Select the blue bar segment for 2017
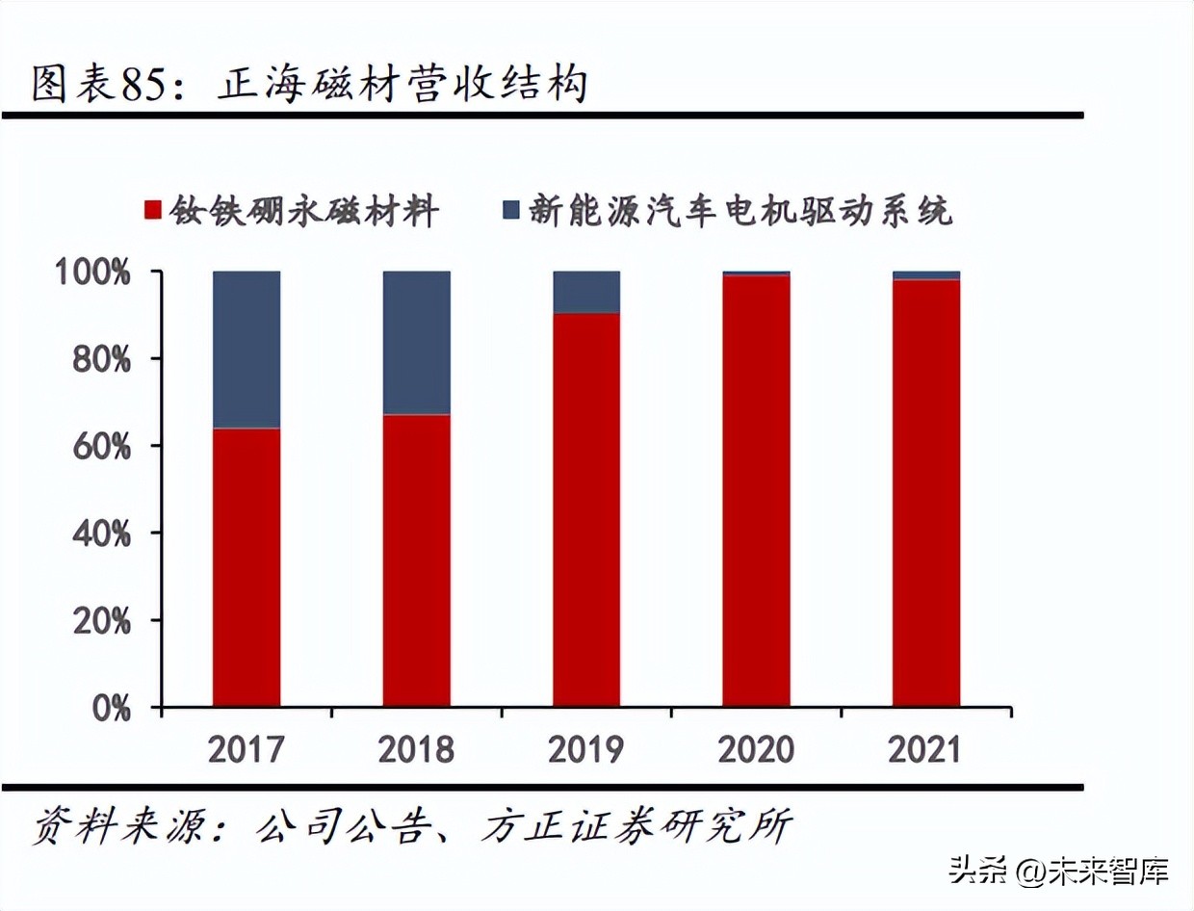click(247, 350)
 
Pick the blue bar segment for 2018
click(416, 343)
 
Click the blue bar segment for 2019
click(586, 292)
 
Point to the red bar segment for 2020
click(756, 491)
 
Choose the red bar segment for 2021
click(926, 493)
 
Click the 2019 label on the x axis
click(586, 749)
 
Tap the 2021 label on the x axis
click(926, 749)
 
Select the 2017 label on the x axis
click(247, 749)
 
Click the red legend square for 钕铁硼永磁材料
click(152, 210)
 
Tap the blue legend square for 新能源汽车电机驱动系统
click(511, 210)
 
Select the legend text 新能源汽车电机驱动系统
click(740, 210)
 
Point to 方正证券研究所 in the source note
click(636, 826)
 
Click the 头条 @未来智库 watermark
click(1059, 872)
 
